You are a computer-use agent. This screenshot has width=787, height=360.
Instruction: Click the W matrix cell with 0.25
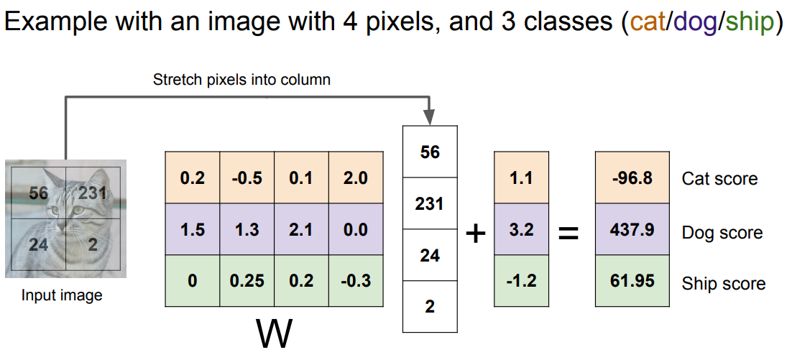pyautogui.click(x=247, y=281)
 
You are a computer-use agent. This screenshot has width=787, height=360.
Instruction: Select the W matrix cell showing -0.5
pyautogui.click(x=247, y=177)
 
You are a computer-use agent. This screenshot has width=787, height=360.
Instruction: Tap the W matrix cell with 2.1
pyautogui.click(x=301, y=229)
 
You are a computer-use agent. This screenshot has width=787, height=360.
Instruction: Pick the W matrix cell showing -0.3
pyautogui.click(x=356, y=281)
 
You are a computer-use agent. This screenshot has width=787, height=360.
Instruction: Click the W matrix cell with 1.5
pyautogui.click(x=192, y=229)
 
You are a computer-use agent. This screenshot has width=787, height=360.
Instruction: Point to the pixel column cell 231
pyautogui.click(x=430, y=203)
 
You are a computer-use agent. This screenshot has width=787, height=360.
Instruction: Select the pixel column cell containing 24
pyautogui.click(x=430, y=255)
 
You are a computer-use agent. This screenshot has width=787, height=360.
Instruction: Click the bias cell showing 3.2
pyautogui.click(x=521, y=229)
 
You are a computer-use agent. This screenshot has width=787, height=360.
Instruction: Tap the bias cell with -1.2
pyautogui.click(x=521, y=281)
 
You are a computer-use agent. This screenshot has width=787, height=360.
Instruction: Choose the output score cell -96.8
pyautogui.click(x=632, y=177)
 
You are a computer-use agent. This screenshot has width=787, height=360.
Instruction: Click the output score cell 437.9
pyautogui.click(x=632, y=229)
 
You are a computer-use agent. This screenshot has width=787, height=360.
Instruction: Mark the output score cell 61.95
pyautogui.click(x=632, y=281)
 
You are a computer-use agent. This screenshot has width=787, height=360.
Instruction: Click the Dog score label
pyautogui.click(x=722, y=232)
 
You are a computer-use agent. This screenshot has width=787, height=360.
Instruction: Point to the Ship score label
pyautogui.click(x=723, y=284)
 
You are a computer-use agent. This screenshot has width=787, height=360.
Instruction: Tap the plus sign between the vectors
pyautogui.click(x=476, y=233)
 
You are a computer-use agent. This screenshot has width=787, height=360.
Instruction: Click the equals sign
pyautogui.click(x=569, y=233)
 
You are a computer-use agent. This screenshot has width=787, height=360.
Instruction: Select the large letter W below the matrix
pyautogui.click(x=274, y=334)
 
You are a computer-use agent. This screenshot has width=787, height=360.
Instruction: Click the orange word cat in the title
pyautogui.click(x=648, y=22)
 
